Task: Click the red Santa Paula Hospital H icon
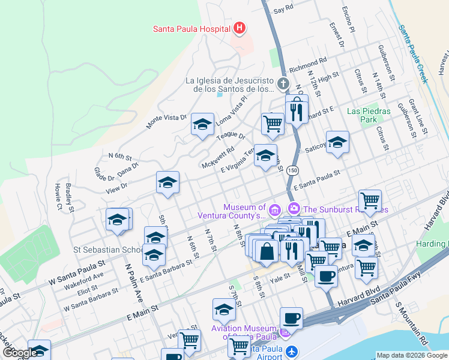[240, 28]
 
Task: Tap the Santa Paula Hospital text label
[191, 28]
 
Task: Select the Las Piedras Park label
[369, 115]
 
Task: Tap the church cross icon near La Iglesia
[283, 85]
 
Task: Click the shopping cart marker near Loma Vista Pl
[273, 124]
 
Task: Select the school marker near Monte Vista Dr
[202, 125]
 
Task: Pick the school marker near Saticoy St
[337, 142]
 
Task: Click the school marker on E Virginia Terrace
[265, 156]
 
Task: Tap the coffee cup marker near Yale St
[326, 277]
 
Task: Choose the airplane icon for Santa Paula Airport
[292, 351]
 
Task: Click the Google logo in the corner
[20, 352]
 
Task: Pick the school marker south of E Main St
[224, 310]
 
